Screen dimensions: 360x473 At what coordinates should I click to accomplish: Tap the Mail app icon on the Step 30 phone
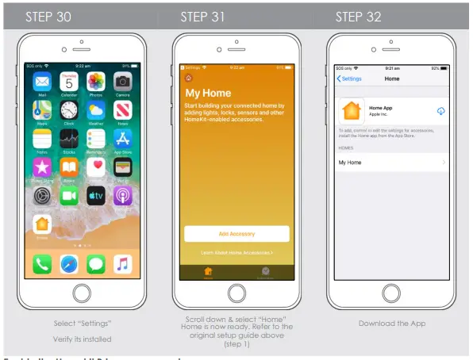(42, 82)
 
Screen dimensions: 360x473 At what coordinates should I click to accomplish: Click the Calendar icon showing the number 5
(70, 82)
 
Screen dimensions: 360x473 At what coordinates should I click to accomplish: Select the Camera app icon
(121, 82)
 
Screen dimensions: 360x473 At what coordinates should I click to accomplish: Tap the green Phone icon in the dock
(43, 263)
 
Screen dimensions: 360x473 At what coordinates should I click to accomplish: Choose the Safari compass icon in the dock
(69, 263)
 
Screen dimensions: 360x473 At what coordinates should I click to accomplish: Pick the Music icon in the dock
(121, 263)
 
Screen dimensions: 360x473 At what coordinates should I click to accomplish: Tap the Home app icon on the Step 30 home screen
(42, 224)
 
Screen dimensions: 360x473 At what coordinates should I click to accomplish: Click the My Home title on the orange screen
(207, 93)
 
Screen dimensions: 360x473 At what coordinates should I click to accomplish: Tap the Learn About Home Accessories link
(236, 252)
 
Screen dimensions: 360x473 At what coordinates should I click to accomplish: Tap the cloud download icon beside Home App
(440, 111)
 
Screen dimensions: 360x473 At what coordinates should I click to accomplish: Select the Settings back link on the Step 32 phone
(350, 79)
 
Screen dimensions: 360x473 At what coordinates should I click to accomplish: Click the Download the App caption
(392, 323)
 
